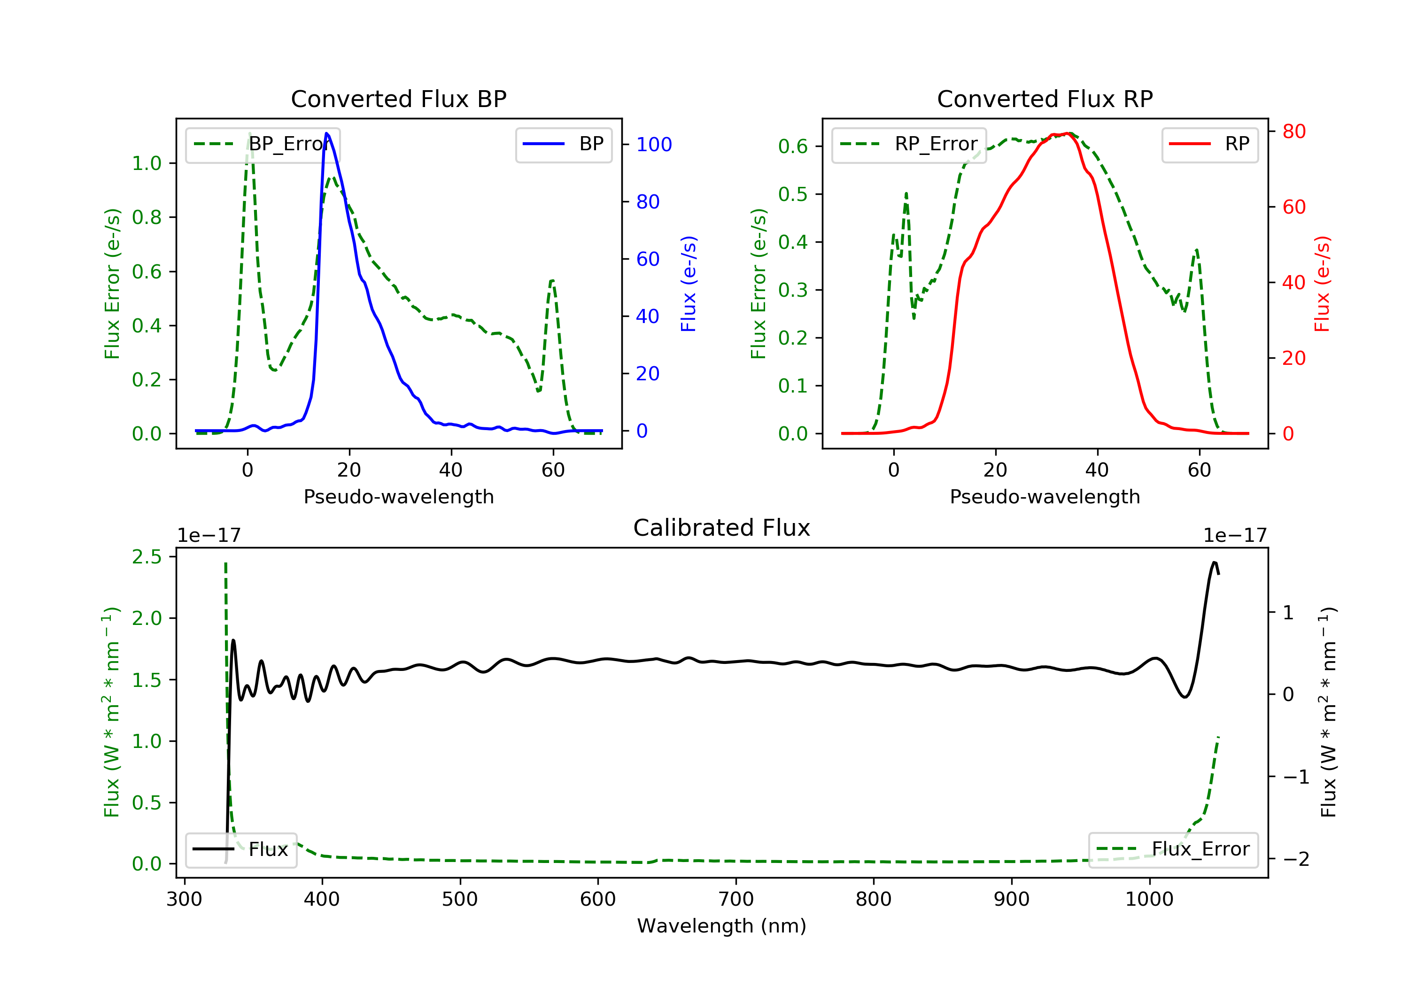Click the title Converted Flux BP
(x=398, y=99)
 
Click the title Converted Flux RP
(x=1045, y=99)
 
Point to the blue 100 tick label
(x=654, y=145)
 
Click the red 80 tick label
(x=1293, y=131)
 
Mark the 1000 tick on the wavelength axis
(x=1149, y=900)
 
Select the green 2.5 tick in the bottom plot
(x=147, y=557)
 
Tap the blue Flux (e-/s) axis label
(x=689, y=284)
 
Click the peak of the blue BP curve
(x=326, y=133)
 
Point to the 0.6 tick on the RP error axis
(x=792, y=146)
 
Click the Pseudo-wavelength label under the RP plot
(x=1045, y=496)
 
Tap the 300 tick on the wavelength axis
(x=184, y=900)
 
